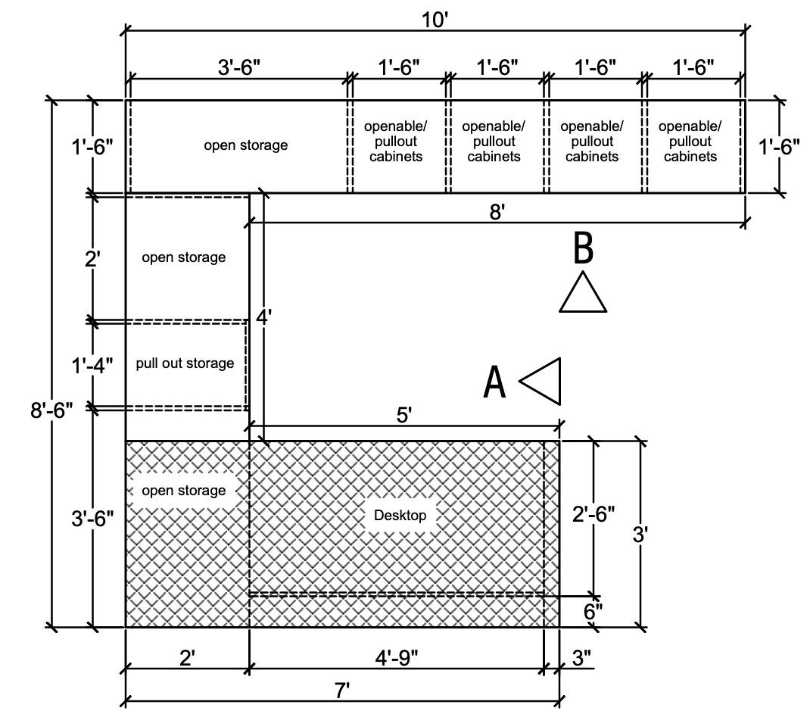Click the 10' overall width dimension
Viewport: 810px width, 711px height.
click(x=435, y=20)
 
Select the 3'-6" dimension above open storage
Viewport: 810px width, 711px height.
click(x=239, y=67)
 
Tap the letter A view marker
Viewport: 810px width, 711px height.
click(x=494, y=382)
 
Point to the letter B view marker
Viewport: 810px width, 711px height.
click(x=582, y=248)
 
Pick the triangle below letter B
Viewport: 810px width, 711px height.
click(x=582, y=295)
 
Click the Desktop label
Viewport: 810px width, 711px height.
click(x=400, y=516)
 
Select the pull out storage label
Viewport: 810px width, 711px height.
click(x=185, y=363)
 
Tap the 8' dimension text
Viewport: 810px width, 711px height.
click(x=497, y=212)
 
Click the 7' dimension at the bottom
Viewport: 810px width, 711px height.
click(x=341, y=690)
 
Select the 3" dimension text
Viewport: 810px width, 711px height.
click(x=581, y=657)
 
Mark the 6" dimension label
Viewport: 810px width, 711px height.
click(x=593, y=610)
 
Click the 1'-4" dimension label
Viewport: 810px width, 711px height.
click(x=92, y=366)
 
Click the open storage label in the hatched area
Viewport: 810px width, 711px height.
click(x=183, y=491)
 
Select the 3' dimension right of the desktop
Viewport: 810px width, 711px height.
click(x=640, y=535)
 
